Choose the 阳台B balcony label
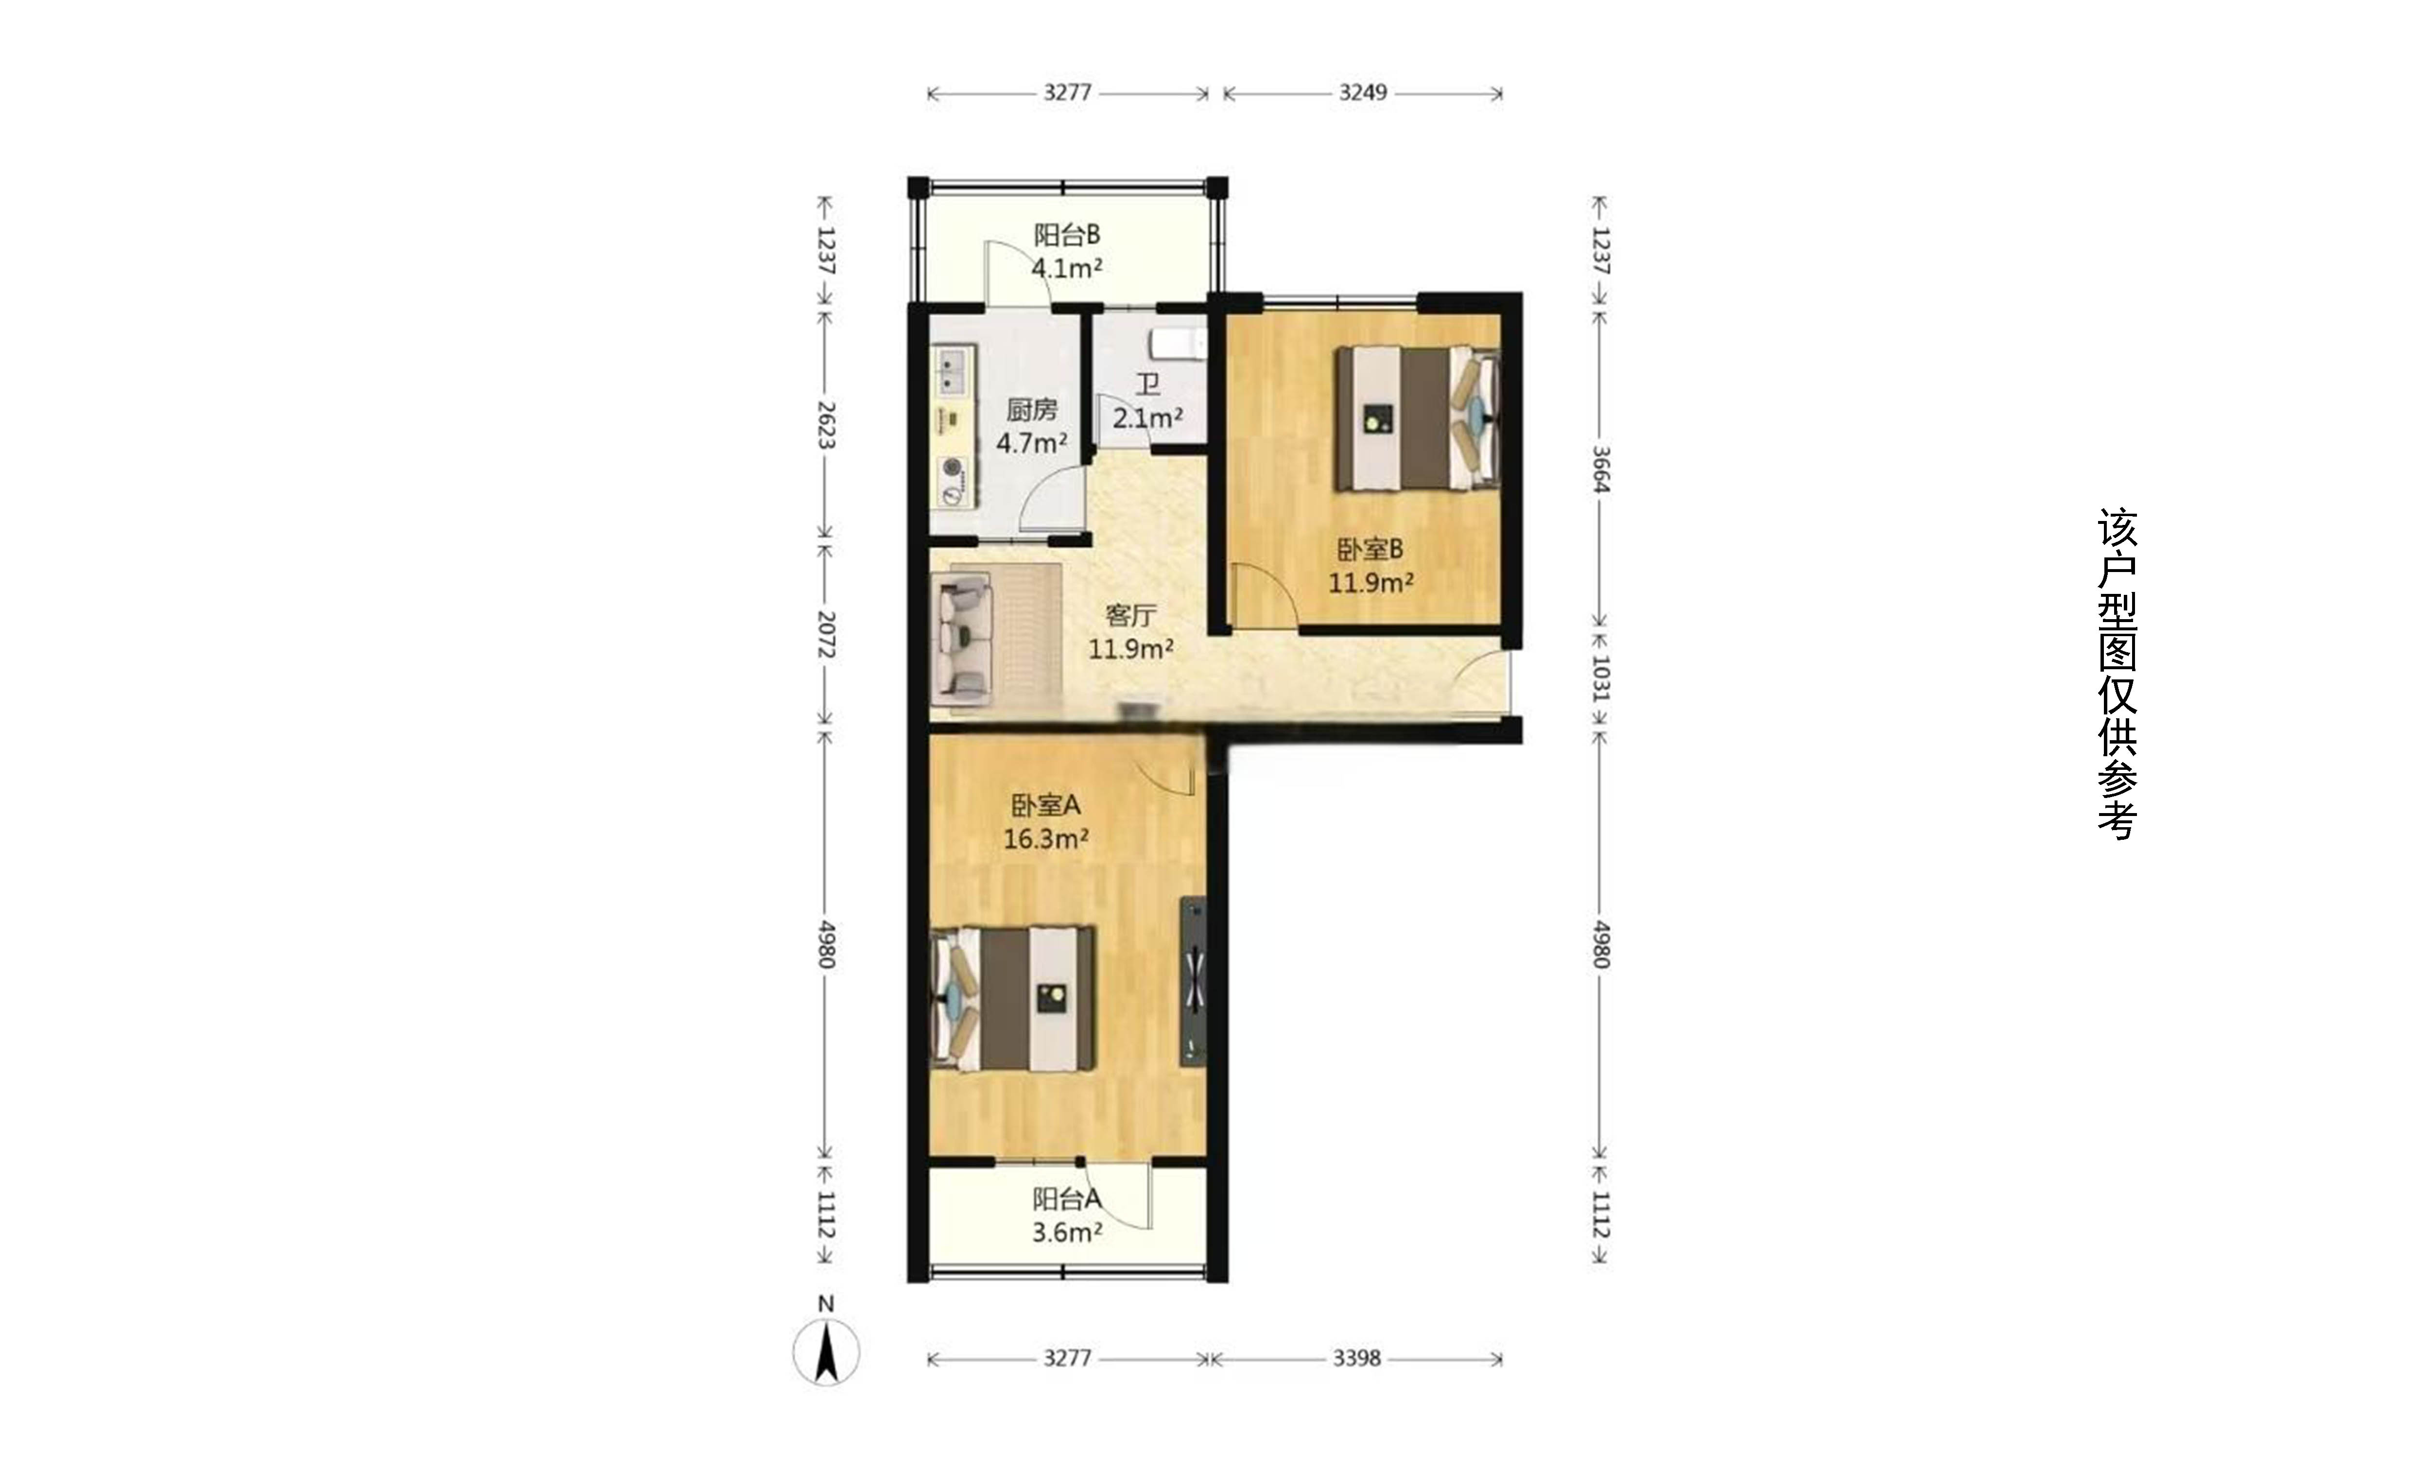(x=1067, y=235)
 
